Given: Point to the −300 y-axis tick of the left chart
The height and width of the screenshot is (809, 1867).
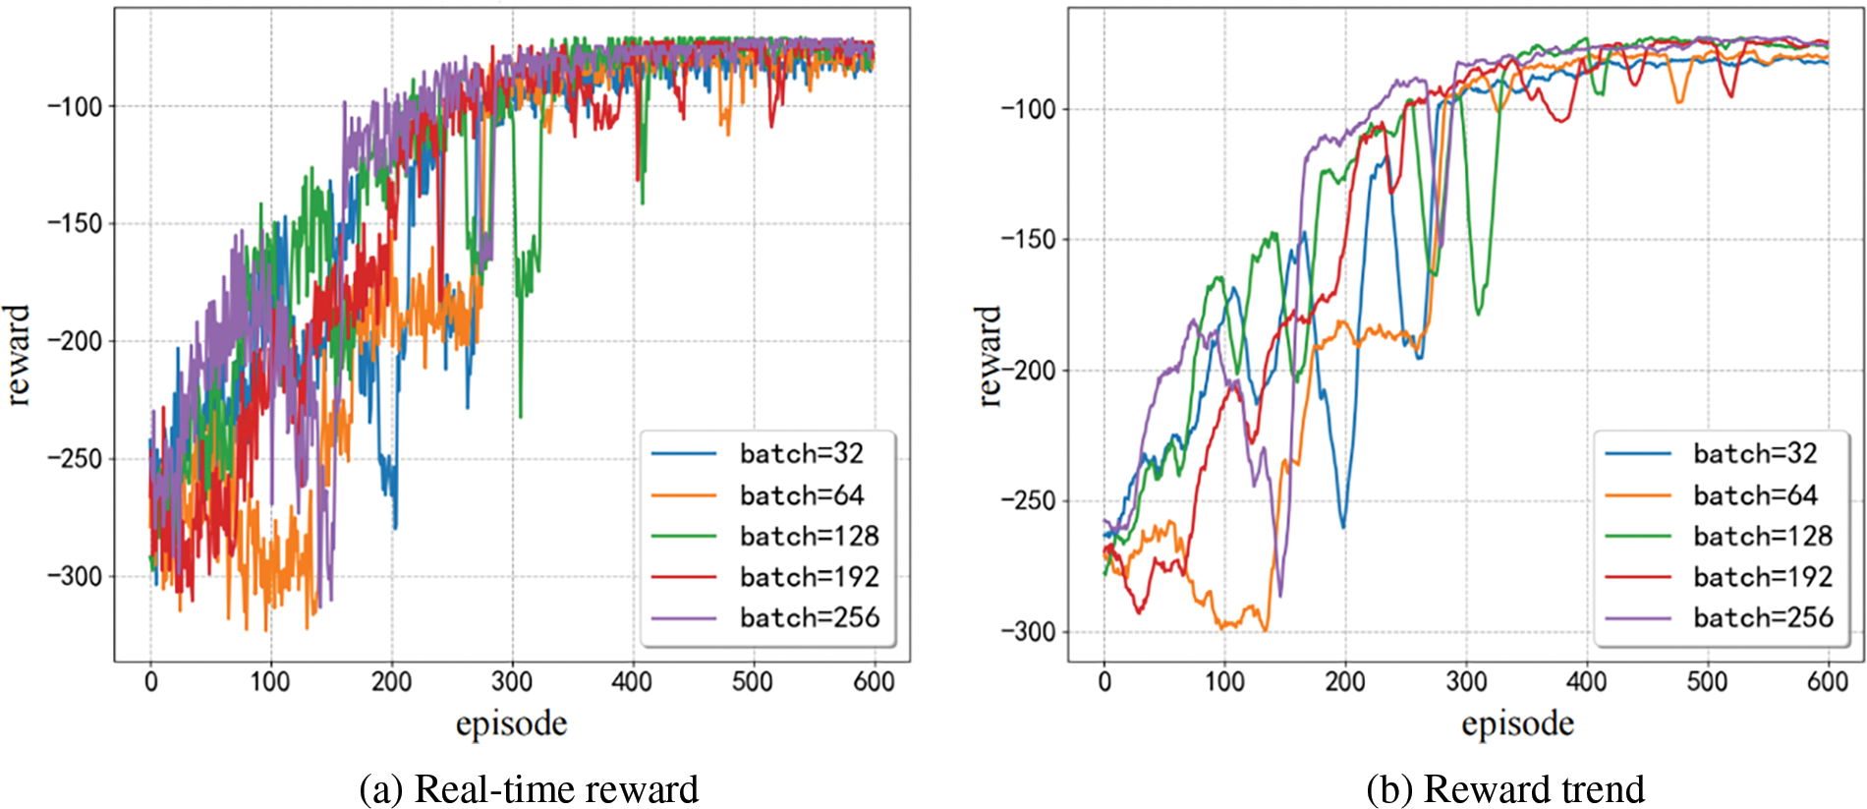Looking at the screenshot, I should pos(75,576).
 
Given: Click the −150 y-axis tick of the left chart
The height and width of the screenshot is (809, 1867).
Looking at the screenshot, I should pos(75,223).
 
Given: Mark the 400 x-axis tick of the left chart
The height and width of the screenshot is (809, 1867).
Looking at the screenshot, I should pos(632,681).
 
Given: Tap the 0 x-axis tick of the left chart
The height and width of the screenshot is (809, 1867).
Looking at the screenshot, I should pos(150,681).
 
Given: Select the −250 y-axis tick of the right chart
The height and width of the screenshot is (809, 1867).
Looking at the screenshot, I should pos(1029,500).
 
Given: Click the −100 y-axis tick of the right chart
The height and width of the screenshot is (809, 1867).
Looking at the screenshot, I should pos(1029,108).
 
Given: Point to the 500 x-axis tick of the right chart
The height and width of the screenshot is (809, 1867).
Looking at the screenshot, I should pos(1707,681).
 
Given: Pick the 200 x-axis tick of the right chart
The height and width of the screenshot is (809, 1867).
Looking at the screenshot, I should pos(1344,681).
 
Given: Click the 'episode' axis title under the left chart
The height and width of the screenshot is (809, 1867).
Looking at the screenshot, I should pos(511,724).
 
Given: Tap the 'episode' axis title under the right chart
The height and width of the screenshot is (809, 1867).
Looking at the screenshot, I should pos(1517,724).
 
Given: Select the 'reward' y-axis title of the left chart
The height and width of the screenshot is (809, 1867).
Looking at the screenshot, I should pos(18,355).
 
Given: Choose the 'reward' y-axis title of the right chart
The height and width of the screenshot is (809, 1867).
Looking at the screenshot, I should pos(989,355).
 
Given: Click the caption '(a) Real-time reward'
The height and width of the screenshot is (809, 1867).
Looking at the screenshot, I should pos(529,789).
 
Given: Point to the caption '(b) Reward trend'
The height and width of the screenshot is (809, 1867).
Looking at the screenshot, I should pos(1504,789).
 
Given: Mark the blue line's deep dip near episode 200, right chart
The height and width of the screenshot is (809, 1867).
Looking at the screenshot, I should pos(1342,526).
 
